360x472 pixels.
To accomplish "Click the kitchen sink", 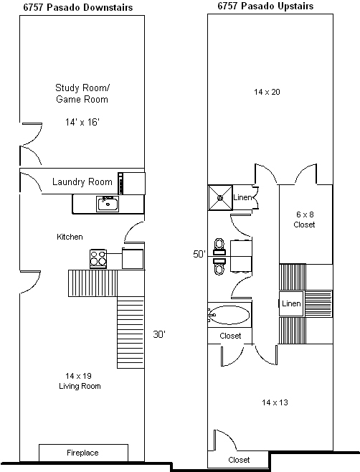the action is [x=108, y=204].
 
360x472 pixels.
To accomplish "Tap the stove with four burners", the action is [x=98, y=258].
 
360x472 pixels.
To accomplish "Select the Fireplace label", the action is [x=82, y=453].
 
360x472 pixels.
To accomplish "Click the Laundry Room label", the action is [x=82, y=181].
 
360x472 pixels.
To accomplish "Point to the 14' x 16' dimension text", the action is [x=82, y=122].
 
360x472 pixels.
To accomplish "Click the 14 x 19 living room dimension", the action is [x=79, y=376].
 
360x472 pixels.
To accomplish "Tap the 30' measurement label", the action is [x=159, y=334].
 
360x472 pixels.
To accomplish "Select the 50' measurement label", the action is [x=199, y=255].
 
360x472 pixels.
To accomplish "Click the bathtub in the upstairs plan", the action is [x=229, y=315].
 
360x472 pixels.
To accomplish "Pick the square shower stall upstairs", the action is [x=220, y=197].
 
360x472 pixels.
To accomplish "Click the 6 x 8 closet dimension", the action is [x=305, y=214].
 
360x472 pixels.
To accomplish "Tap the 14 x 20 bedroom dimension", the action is [x=267, y=92].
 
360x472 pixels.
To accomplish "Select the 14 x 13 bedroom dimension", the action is [x=275, y=402].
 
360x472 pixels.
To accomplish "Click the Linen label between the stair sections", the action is [x=291, y=303].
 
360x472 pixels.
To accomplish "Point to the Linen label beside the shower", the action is [x=242, y=197].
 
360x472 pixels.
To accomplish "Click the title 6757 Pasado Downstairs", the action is [x=78, y=7].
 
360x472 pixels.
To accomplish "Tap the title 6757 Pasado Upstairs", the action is [x=265, y=6].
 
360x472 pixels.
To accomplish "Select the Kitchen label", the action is [x=70, y=237].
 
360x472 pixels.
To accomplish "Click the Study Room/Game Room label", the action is [x=82, y=93].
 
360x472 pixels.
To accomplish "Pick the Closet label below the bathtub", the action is [x=231, y=336].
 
